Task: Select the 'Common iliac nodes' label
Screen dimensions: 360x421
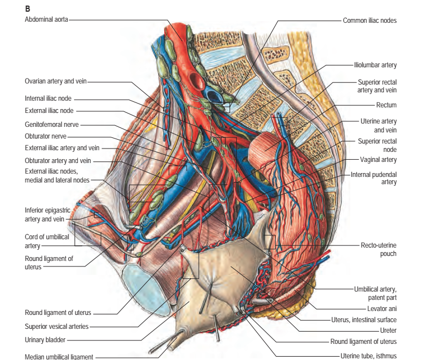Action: click(x=370, y=20)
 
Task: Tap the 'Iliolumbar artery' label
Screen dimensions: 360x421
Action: click(x=375, y=65)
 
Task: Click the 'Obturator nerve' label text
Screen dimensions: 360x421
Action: click(x=46, y=136)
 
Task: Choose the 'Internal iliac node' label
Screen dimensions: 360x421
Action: click(x=47, y=98)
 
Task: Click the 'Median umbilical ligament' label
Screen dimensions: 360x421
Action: click(x=59, y=356)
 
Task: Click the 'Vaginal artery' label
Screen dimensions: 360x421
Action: click(x=377, y=160)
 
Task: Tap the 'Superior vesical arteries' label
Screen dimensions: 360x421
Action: click(x=56, y=326)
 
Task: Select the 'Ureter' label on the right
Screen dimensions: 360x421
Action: click(x=388, y=331)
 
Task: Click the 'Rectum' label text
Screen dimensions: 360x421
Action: click(x=386, y=105)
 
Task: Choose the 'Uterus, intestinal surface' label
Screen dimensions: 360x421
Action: click(x=369, y=319)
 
